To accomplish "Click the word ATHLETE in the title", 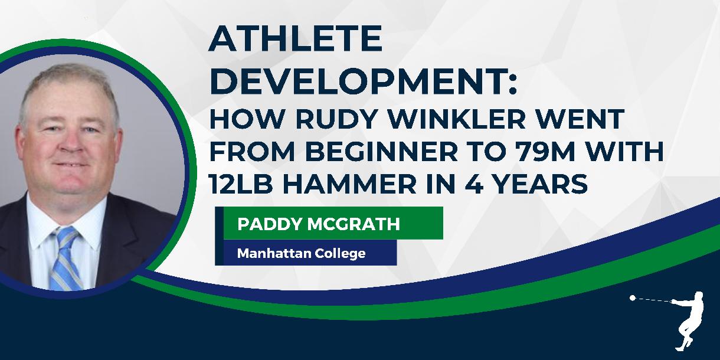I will point(296,40).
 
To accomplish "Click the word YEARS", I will point(546,185).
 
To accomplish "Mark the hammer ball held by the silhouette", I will point(633,298).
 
